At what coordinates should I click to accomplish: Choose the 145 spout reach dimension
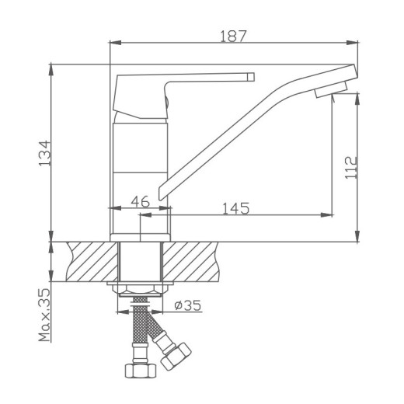point(235,208)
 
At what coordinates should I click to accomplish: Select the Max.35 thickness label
point(44,315)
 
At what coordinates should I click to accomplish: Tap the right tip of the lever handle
point(250,77)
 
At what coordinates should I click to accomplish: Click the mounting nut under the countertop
point(140,291)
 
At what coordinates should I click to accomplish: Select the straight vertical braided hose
point(140,326)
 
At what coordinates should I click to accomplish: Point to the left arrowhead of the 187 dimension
point(110,43)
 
